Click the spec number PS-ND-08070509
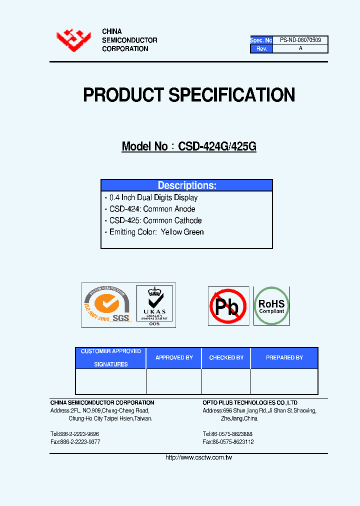(x=300, y=39)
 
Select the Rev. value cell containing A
(x=300, y=48)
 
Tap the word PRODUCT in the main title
(x=123, y=95)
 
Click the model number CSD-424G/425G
(x=217, y=146)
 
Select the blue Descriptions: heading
(x=186, y=185)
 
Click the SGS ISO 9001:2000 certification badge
(x=107, y=305)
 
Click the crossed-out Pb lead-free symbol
(x=228, y=306)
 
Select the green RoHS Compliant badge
(x=271, y=306)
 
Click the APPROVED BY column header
(x=174, y=358)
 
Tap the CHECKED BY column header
(x=226, y=358)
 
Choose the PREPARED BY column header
(x=284, y=358)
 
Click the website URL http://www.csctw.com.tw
(x=198, y=457)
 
